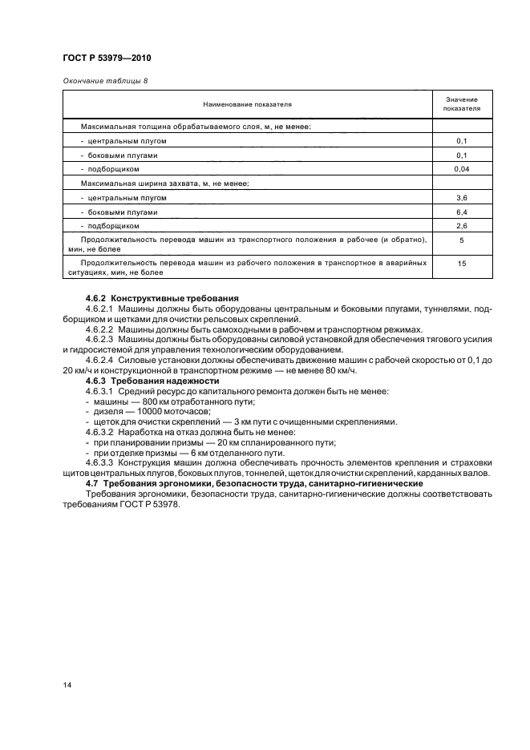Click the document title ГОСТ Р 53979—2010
107,58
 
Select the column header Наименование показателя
247,104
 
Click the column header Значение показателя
461,104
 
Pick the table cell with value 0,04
461,169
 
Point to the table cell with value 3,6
461,198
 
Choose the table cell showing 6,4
461,212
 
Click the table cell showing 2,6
461,227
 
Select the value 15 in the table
461,262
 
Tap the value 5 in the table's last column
461,240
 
